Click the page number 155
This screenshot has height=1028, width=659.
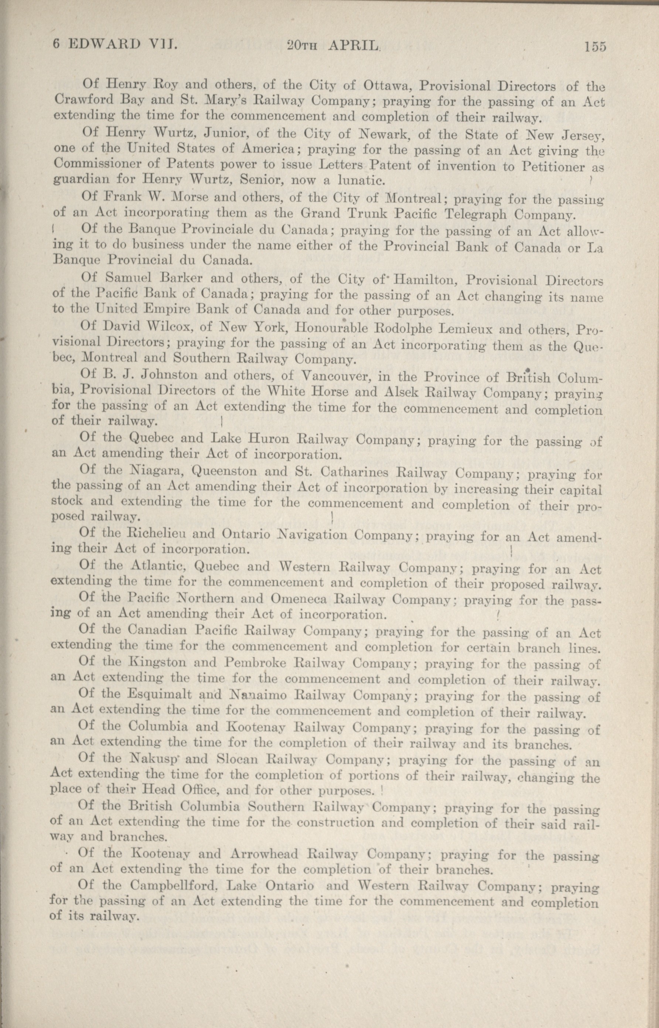coord(595,46)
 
